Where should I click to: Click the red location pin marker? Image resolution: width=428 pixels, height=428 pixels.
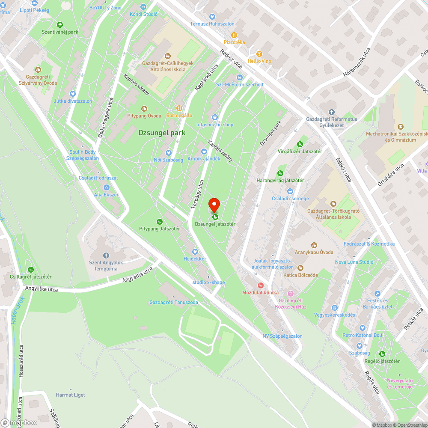click(214, 205)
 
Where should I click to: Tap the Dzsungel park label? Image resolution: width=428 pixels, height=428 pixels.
click(162, 133)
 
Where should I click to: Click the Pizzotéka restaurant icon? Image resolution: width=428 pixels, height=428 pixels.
click(234, 35)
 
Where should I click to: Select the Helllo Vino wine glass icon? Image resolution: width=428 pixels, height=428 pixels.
click(259, 54)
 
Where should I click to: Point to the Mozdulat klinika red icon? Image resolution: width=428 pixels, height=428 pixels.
click(260, 285)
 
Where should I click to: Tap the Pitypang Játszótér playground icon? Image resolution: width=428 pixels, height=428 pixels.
click(159, 221)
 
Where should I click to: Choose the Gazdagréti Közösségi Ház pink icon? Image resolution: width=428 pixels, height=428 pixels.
click(291, 294)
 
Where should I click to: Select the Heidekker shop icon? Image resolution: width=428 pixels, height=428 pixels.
click(195, 252)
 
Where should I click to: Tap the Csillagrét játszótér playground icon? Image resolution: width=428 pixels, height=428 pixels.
click(31, 270)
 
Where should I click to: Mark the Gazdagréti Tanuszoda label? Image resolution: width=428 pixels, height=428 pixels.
click(173, 302)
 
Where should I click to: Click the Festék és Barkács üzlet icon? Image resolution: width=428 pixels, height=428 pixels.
click(377, 294)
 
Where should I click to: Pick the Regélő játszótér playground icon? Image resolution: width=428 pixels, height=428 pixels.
click(382, 354)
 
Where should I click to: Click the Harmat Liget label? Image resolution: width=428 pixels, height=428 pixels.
click(71, 395)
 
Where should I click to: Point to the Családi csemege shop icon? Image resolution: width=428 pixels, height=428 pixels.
click(290, 191)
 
